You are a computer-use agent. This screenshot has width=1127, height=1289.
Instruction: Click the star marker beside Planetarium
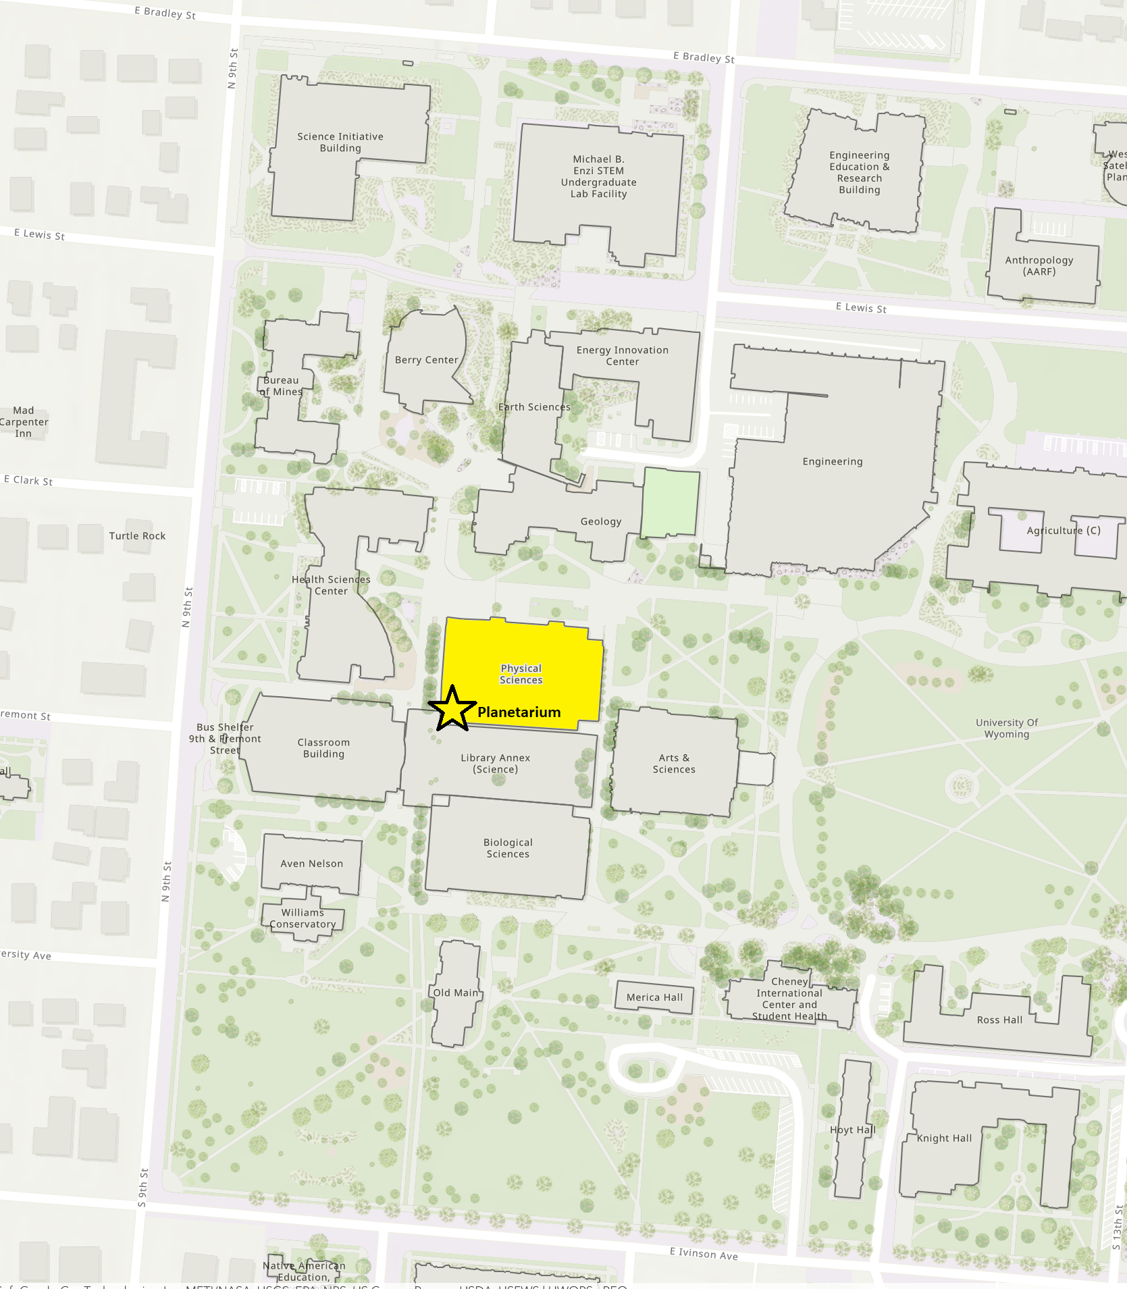click(452, 708)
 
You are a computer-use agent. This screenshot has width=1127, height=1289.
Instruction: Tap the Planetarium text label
click(519, 712)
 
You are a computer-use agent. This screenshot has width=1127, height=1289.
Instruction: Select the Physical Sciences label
click(521, 674)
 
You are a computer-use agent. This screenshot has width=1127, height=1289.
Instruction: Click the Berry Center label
click(426, 360)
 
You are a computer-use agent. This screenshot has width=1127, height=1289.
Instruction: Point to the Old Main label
click(456, 993)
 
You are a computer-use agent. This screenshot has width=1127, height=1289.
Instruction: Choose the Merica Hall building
click(654, 997)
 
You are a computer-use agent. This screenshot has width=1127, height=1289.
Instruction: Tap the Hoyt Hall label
click(852, 1130)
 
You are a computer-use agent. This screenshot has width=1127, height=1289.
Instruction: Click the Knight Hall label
click(944, 1138)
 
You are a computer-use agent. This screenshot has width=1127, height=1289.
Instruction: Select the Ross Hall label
click(999, 1020)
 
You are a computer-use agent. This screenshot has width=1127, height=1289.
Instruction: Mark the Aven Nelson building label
click(311, 864)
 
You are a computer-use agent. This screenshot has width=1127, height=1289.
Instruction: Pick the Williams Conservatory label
click(303, 918)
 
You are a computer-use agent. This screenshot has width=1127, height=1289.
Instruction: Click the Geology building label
click(600, 521)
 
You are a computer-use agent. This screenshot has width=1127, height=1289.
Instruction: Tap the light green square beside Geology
click(670, 502)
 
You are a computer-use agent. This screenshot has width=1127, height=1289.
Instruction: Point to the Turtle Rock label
click(137, 536)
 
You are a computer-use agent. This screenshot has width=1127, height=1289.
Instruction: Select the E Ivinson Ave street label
click(703, 1254)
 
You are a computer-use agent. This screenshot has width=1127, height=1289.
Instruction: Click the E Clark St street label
click(28, 481)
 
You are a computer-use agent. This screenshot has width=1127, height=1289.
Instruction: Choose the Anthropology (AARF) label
click(1039, 266)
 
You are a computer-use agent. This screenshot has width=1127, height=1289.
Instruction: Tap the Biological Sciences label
click(508, 848)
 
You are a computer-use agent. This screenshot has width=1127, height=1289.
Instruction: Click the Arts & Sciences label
click(673, 764)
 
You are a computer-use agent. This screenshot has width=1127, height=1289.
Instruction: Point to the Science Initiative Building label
click(340, 142)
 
